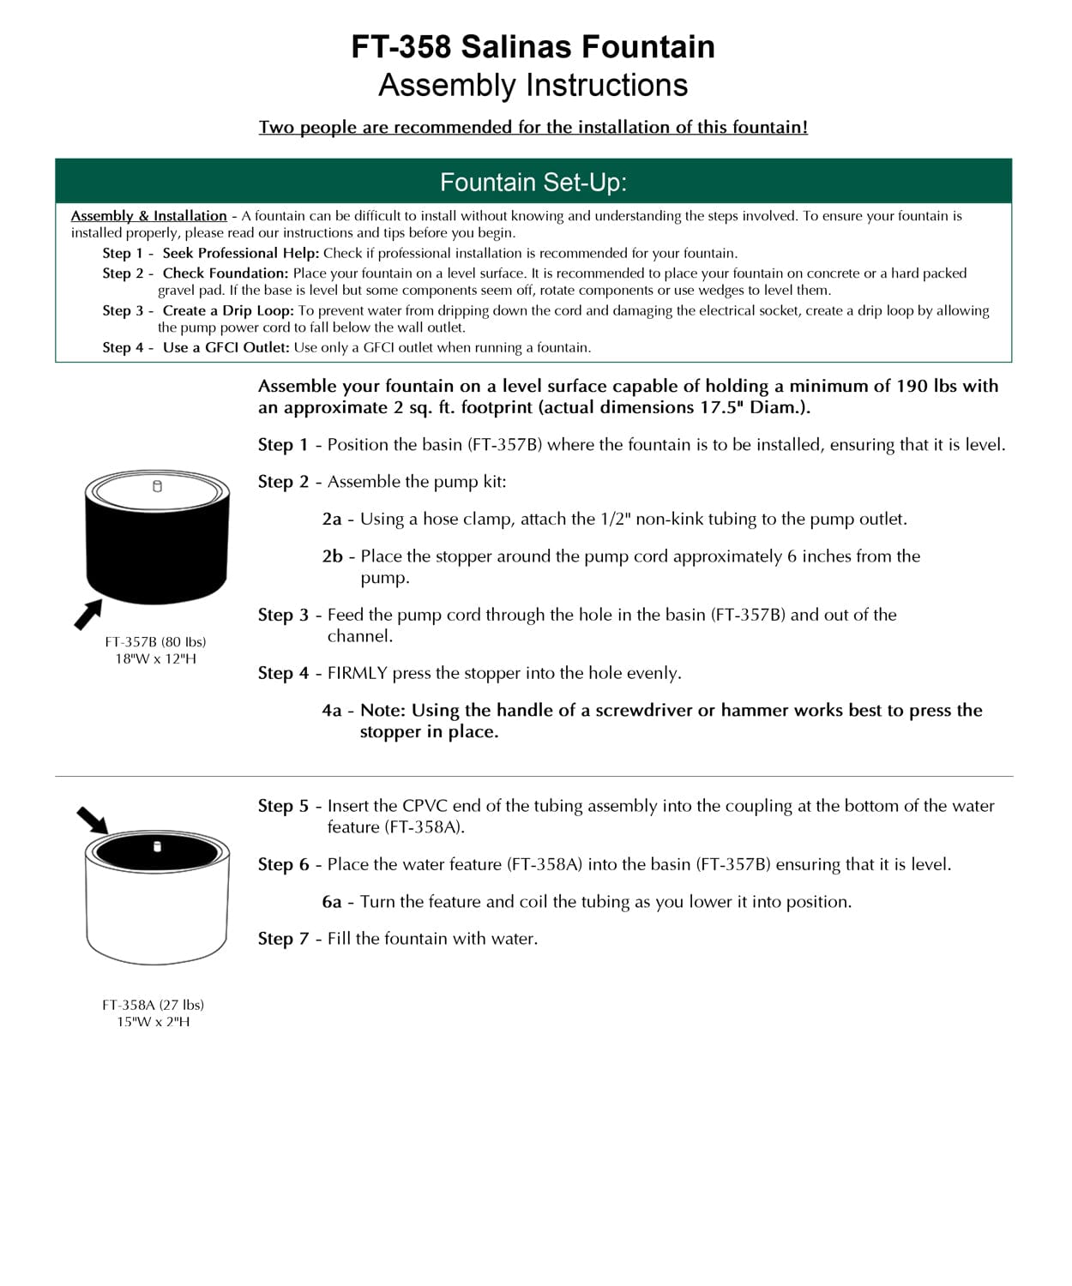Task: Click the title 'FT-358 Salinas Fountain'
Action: pos(533,46)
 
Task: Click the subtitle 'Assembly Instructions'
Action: pos(533,86)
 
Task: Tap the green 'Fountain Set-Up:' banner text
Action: pos(533,182)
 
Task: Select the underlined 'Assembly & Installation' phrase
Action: pos(148,216)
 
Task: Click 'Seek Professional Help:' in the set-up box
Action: pos(241,253)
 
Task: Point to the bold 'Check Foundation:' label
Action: pos(226,273)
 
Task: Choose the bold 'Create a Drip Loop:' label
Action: pos(228,310)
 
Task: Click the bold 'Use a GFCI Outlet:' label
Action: pos(226,347)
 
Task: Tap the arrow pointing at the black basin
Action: pos(87,614)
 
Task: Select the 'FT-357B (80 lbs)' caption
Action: pos(155,641)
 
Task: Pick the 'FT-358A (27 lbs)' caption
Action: pos(154,1005)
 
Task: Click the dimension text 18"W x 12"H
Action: pos(155,658)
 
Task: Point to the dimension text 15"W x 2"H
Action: pos(154,1022)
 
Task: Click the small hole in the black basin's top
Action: pos(157,487)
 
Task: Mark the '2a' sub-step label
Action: pos(332,519)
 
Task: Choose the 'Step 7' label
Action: pos(283,939)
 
